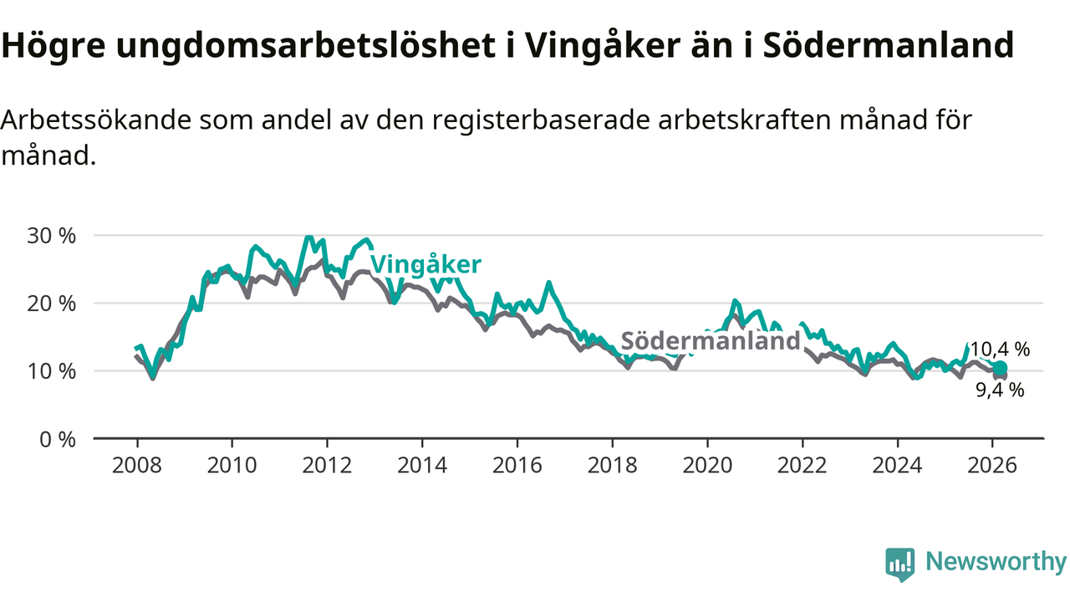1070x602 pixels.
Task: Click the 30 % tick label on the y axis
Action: tap(52, 236)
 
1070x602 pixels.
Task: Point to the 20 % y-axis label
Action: tap(52, 304)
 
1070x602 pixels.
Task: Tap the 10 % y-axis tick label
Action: tap(52, 371)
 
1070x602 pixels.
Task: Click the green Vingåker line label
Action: tap(425, 265)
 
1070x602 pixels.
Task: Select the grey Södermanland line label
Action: tap(711, 341)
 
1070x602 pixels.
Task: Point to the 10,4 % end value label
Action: tap(1000, 349)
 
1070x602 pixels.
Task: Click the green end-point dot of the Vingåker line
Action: tap(1000, 368)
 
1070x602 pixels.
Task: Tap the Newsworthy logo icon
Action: tap(899, 564)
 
